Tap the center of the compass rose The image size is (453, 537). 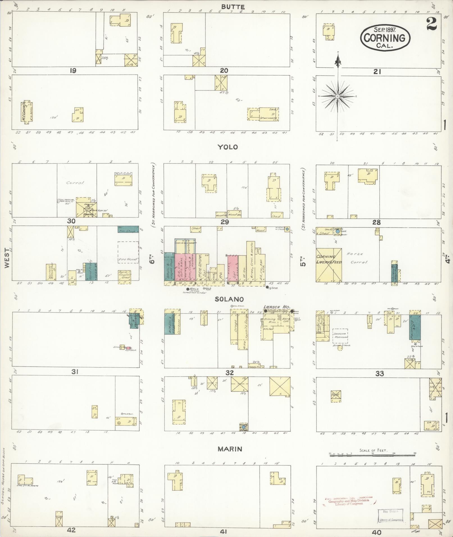[338, 96]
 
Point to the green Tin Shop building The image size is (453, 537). [128, 229]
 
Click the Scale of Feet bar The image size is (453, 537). [372, 454]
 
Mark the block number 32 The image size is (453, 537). [229, 373]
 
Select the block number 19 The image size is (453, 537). [73, 71]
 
